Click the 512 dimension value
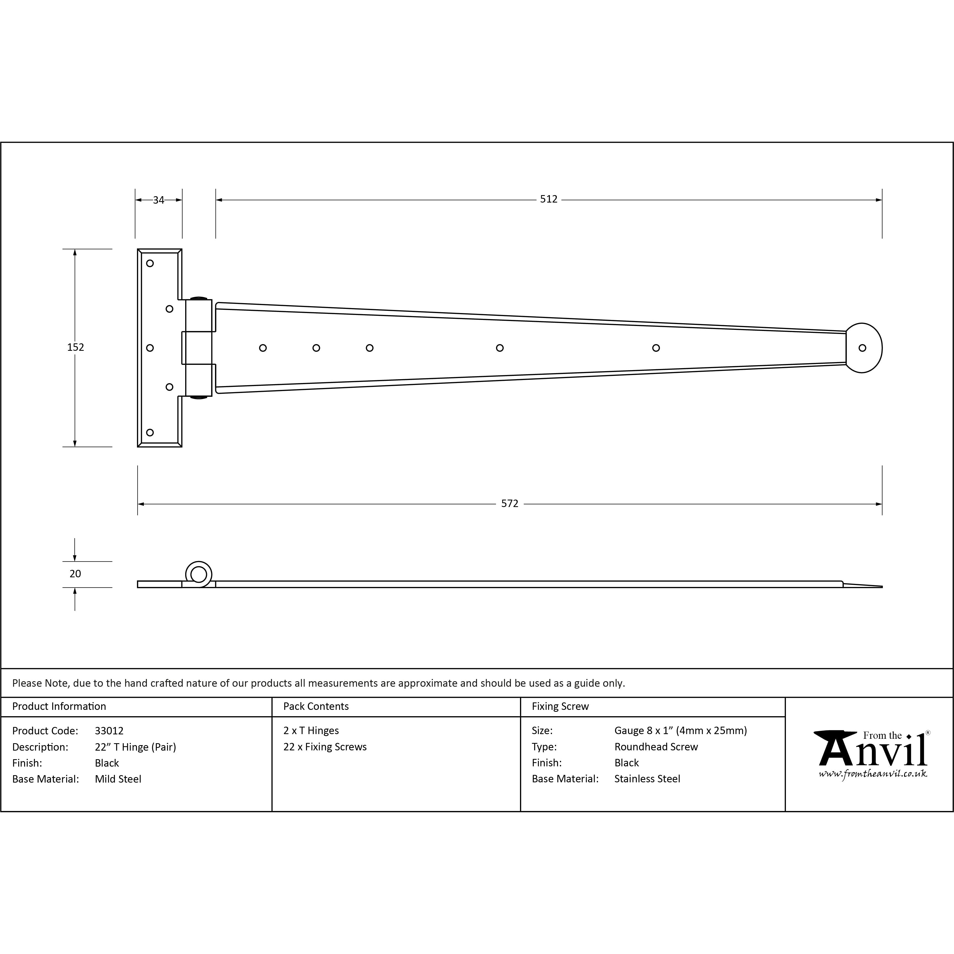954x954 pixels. (549, 199)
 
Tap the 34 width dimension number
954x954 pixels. (158, 200)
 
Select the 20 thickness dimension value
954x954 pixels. (75, 574)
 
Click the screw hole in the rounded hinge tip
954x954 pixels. (862, 348)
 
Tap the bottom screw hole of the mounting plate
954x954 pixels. (150, 433)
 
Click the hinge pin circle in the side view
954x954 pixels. (198, 574)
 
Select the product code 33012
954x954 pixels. (109, 731)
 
